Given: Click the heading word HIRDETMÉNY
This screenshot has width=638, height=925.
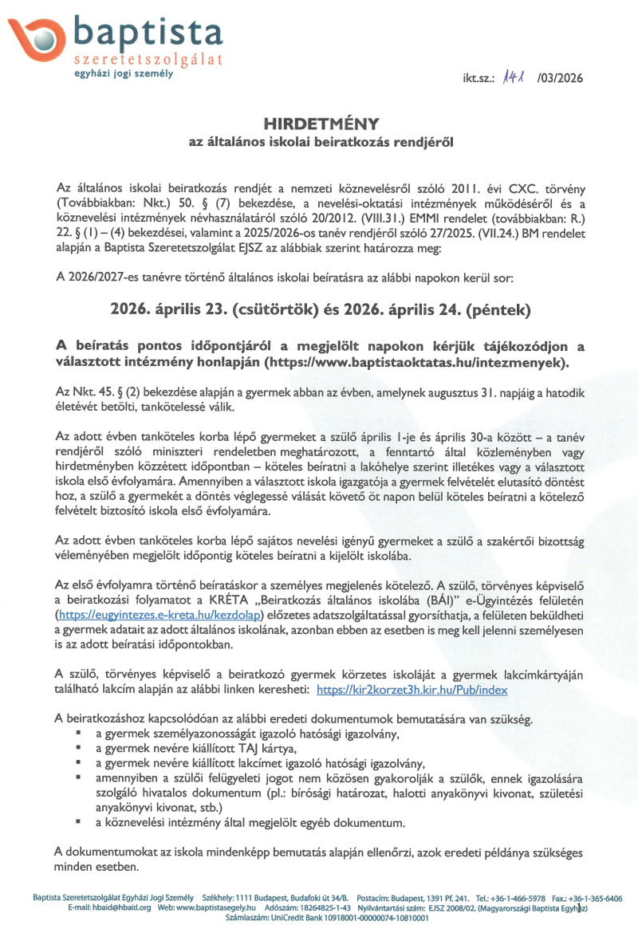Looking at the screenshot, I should click(x=319, y=124).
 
